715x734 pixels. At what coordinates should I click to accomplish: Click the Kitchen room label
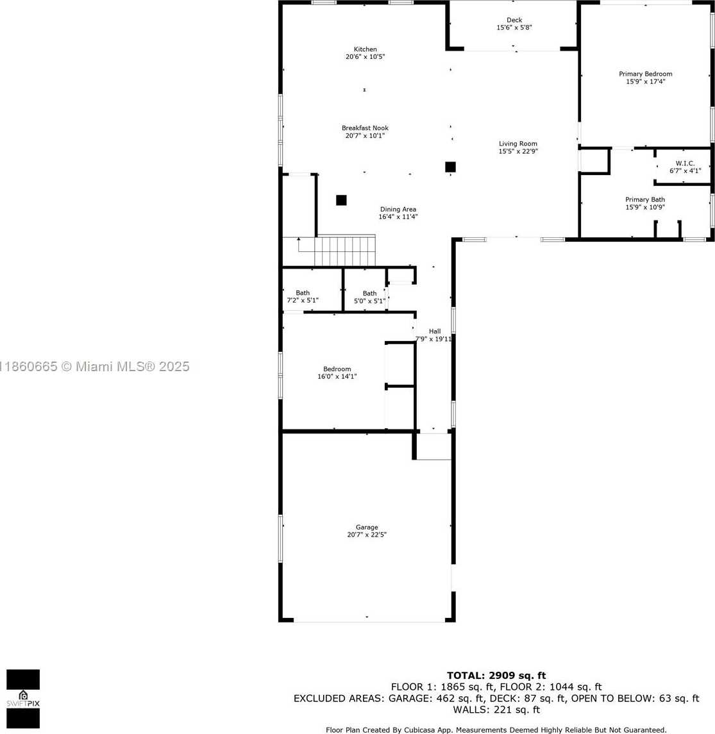(366, 49)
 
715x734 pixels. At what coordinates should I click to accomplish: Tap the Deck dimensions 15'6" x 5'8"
(514, 28)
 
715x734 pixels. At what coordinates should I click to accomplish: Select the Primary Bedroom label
(645, 74)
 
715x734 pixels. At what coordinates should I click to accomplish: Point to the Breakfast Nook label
(366, 128)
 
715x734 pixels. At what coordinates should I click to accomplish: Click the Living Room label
(518, 144)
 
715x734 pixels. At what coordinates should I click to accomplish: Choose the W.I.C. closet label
(685, 163)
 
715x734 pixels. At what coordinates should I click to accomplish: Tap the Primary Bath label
(645, 199)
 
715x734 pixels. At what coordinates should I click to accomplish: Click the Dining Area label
(398, 209)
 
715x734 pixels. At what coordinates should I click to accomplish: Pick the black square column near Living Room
(450, 167)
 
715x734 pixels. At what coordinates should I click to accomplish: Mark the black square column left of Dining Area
(341, 201)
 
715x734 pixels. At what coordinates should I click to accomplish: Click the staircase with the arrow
(337, 251)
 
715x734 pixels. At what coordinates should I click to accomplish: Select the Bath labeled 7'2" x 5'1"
(303, 297)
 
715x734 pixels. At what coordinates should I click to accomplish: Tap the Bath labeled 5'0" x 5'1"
(369, 297)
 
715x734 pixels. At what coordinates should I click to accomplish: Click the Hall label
(435, 331)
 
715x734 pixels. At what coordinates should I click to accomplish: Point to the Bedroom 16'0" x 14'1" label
(337, 372)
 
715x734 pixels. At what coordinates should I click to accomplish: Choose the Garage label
(367, 527)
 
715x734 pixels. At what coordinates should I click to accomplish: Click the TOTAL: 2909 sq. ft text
(496, 676)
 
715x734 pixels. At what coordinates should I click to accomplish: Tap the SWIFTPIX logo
(23, 699)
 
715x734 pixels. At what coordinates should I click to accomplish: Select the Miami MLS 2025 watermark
(94, 367)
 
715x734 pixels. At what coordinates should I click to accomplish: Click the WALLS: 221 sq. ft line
(496, 710)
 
